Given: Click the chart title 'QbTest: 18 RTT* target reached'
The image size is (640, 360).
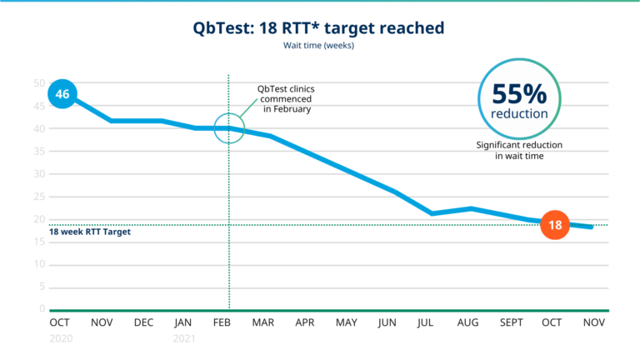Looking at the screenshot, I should (x=319, y=27).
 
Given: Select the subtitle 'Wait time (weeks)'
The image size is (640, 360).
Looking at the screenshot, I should (x=319, y=46).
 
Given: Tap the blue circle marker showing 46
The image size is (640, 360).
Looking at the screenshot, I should (x=62, y=94).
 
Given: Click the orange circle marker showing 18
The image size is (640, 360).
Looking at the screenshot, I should (x=554, y=224).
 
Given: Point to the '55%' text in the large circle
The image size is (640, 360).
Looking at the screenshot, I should (x=519, y=93).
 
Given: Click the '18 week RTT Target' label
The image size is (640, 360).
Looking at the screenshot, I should (x=90, y=232).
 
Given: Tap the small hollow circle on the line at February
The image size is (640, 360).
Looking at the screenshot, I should (x=229, y=128).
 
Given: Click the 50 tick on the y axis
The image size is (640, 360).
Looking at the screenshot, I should (x=38, y=83).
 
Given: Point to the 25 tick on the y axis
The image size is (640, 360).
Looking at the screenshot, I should (x=38, y=197).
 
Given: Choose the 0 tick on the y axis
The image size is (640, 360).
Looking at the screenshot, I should (x=42, y=309).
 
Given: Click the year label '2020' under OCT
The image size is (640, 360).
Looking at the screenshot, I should (x=61, y=339).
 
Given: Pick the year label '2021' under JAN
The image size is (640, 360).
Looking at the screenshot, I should (x=184, y=339).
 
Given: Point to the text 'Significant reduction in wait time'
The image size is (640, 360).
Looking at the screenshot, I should (x=519, y=150).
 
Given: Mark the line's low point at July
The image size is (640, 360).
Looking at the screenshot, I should (x=432, y=213).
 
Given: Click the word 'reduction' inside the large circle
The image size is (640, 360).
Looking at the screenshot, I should (x=519, y=113).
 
